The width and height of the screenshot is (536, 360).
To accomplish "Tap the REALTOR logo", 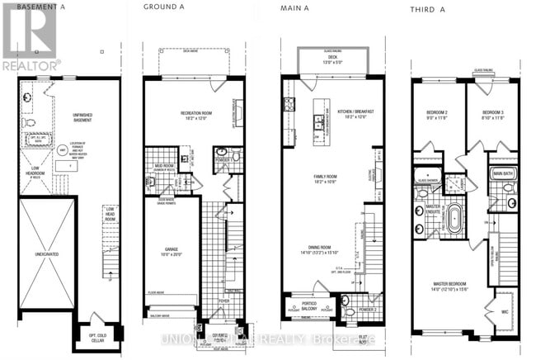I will tap(31, 38).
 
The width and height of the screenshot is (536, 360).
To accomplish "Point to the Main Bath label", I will tap(503, 173).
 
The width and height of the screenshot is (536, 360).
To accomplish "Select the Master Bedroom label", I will tap(453, 287).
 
